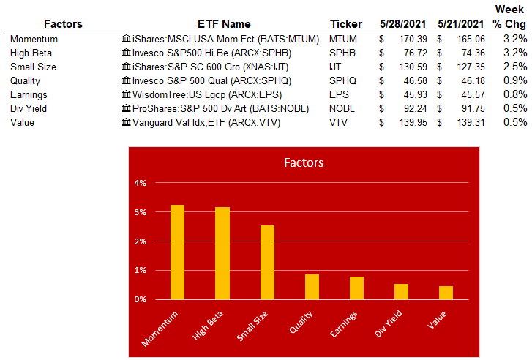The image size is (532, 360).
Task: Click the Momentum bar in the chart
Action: (x=177, y=252)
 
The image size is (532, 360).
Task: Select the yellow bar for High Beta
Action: (x=222, y=253)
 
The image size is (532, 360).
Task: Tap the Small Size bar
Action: (x=267, y=262)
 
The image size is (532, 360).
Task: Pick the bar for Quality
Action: (x=312, y=287)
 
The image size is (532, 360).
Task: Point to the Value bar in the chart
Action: (x=446, y=293)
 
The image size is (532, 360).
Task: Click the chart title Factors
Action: (x=304, y=162)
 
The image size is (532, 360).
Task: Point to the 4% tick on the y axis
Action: (x=140, y=183)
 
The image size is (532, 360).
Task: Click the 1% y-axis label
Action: (x=140, y=270)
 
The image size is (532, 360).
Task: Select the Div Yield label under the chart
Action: (x=389, y=323)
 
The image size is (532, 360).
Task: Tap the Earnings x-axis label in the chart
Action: (x=344, y=324)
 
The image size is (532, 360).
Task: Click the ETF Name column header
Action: (x=224, y=24)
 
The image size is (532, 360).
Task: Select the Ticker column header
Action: (x=346, y=24)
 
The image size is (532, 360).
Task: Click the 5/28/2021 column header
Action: (x=402, y=24)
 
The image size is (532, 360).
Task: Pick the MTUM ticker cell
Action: (x=343, y=39)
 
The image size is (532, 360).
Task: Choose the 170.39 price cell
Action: (x=413, y=39)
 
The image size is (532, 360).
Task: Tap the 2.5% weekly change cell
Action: (x=515, y=67)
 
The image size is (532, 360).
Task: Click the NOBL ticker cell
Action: (x=342, y=108)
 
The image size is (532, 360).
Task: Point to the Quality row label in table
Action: (x=25, y=80)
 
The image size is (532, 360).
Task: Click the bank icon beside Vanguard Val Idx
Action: (x=126, y=121)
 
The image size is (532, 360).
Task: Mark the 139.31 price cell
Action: (x=471, y=122)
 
